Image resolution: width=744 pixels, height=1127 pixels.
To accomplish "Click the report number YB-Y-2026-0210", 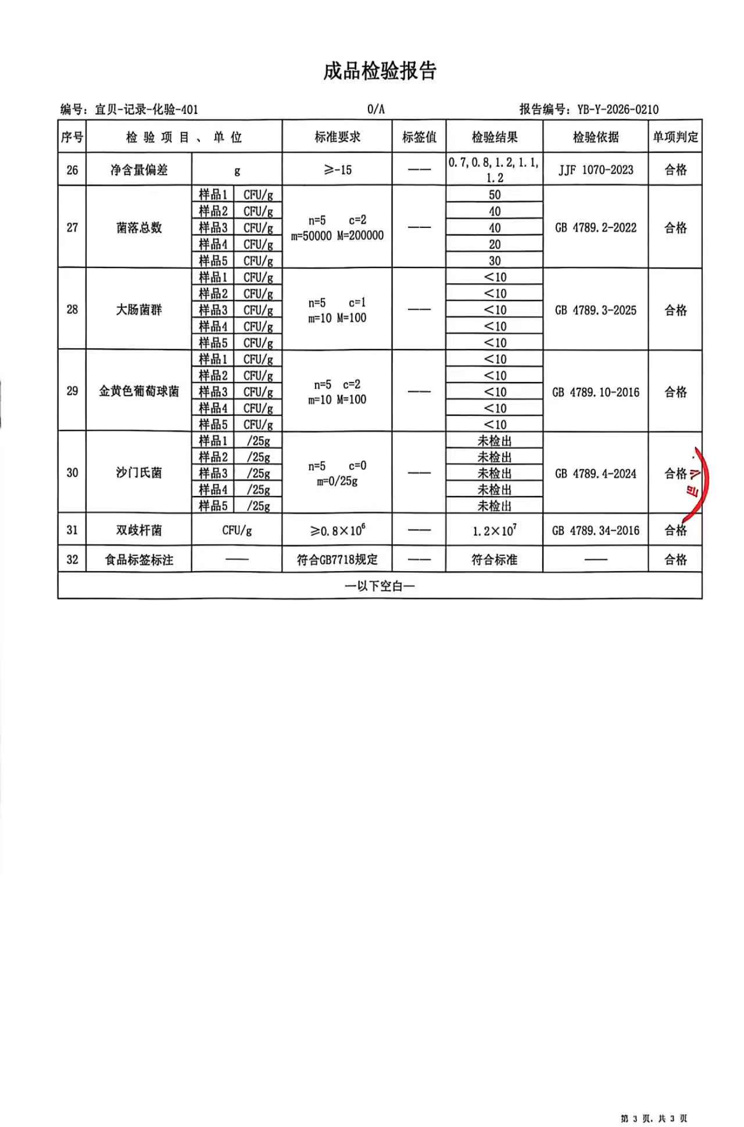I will tap(617, 109).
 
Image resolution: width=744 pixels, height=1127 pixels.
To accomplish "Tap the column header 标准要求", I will tap(337, 137).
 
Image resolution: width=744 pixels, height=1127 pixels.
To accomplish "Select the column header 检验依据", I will tap(596, 137).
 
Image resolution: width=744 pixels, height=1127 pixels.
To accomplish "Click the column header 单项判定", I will tap(675, 137).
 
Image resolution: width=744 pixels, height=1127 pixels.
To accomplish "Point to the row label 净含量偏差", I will tap(139, 170).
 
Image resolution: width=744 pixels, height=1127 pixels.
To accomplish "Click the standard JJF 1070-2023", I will tap(596, 170).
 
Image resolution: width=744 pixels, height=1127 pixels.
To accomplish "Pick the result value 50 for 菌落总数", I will tap(495, 195).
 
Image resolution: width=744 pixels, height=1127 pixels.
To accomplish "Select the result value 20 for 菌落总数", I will tap(495, 244).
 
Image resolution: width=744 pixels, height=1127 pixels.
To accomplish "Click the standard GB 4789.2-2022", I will tap(596, 227).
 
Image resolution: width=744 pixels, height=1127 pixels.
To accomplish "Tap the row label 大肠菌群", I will tap(139, 309).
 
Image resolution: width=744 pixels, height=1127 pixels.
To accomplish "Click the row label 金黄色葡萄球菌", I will tap(139, 391).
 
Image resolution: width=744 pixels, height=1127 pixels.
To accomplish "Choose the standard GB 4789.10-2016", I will tap(596, 392).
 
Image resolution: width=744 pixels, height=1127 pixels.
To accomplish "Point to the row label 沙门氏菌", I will tap(139, 473).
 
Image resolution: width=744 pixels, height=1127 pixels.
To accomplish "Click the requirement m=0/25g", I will tap(337, 482).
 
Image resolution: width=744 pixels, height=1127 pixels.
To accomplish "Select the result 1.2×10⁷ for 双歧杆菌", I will tap(495, 530).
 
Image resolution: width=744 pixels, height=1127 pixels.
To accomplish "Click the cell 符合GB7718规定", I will tap(337, 560).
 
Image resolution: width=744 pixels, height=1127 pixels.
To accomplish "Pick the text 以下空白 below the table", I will tap(380, 586).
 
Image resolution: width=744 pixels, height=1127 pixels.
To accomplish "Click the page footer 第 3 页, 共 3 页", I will tap(654, 1118).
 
